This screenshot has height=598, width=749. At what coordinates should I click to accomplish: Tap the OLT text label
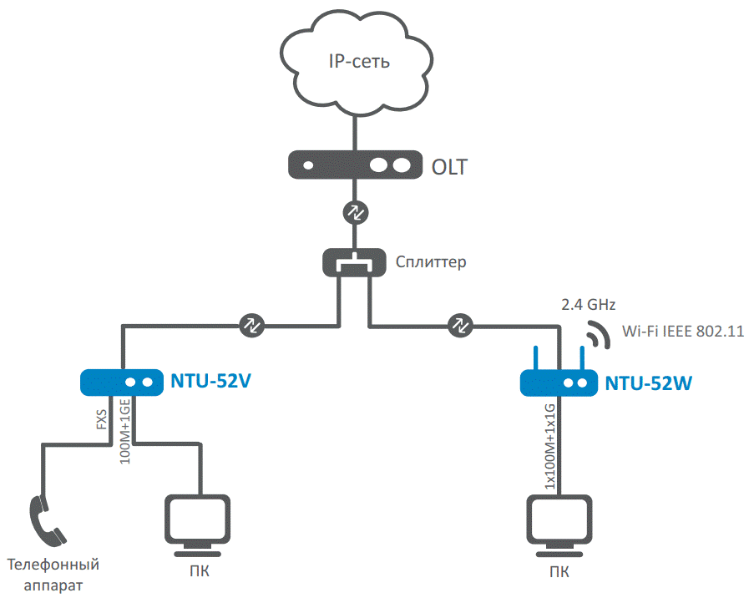point(450,166)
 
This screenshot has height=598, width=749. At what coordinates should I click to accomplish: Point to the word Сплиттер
point(431,262)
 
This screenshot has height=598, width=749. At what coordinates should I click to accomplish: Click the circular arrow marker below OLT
point(355,212)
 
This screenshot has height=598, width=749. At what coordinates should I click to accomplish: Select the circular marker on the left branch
point(251,324)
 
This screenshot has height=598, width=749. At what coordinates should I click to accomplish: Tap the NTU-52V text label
point(211,383)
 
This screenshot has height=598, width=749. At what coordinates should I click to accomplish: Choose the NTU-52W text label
point(649,383)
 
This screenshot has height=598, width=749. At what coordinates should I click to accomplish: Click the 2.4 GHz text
point(588,303)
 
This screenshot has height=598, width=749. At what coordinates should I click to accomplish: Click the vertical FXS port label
point(102,417)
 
